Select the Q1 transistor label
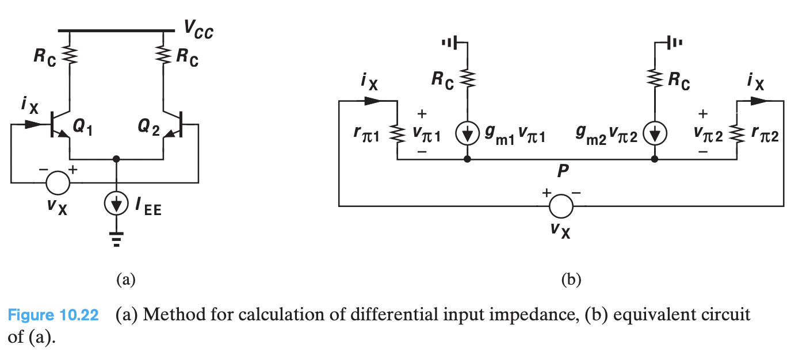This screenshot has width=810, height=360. pyautogui.click(x=83, y=128)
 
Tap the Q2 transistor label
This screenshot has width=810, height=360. pyautogui.click(x=151, y=128)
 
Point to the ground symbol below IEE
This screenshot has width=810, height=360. pyautogui.click(x=117, y=239)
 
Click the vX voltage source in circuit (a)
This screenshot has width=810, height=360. pyautogui.click(x=58, y=183)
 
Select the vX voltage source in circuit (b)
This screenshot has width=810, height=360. pyautogui.click(x=560, y=205)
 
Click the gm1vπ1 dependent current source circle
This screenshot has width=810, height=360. pyautogui.click(x=467, y=135)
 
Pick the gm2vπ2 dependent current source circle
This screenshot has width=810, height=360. pyautogui.click(x=655, y=135)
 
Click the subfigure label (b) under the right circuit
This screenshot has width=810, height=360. pyautogui.click(x=571, y=280)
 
